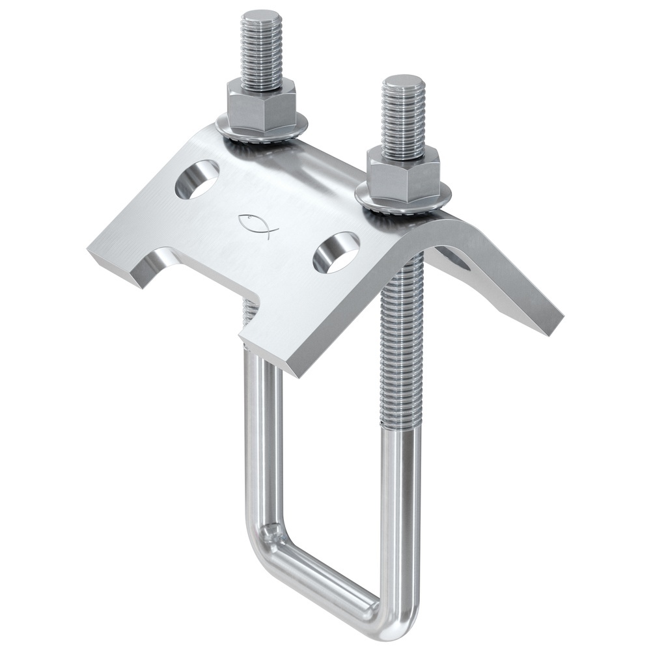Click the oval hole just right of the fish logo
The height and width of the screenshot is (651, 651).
[337, 252]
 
